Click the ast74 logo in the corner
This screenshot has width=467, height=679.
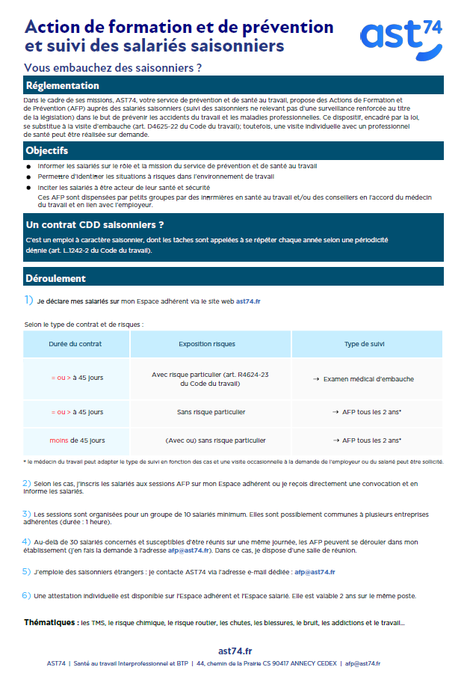(400, 40)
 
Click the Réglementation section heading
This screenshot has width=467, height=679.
(63, 85)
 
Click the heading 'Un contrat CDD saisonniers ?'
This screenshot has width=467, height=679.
(95, 224)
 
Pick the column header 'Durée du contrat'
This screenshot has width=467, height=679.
(75, 344)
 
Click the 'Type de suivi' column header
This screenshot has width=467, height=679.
(362, 344)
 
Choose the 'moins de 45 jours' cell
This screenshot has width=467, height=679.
(77, 440)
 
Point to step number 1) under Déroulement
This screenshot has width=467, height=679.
(28, 301)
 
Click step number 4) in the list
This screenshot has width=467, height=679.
(26, 541)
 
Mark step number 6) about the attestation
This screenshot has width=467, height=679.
(26, 595)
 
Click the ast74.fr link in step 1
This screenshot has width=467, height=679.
(248, 301)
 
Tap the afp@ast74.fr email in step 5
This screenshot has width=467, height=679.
(314, 572)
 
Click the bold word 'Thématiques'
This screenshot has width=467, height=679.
(51, 622)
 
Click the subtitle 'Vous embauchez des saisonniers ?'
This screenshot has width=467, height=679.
(114, 67)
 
